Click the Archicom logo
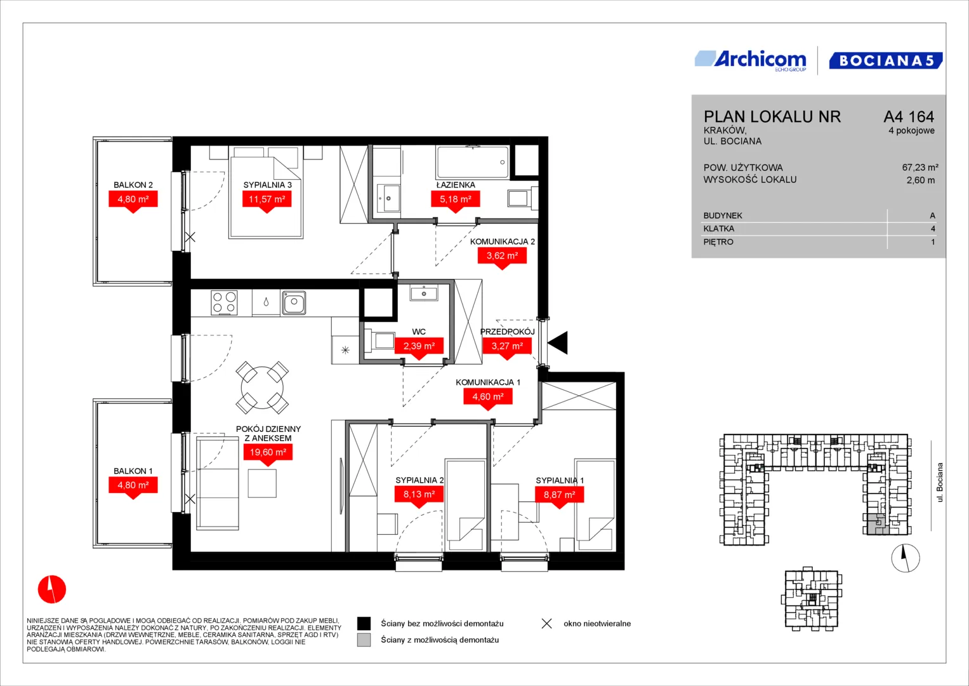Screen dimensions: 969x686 (751, 60)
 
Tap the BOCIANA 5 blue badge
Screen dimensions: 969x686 (886, 60)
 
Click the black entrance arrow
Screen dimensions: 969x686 (558, 343)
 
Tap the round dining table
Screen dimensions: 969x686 (262, 387)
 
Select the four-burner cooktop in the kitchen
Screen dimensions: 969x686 (224, 302)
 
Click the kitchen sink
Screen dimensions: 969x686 (294, 302)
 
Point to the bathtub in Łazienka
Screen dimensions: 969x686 (473, 163)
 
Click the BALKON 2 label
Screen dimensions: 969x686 (133, 185)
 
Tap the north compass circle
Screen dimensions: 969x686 (906, 558)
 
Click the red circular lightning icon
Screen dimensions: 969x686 (52, 589)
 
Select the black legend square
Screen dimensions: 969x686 (364, 624)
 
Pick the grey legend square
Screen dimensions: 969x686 (364, 640)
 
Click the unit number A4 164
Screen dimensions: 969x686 (909, 116)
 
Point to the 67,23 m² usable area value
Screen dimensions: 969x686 (920, 167)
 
